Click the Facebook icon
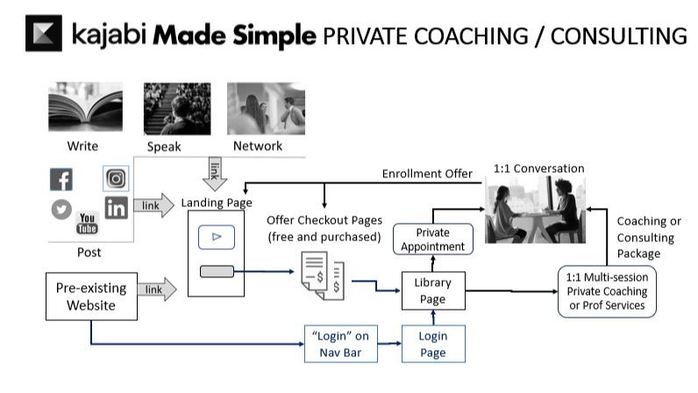click(x=61, y=180)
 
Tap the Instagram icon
click(x=116, y=179)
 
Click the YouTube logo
click(x=88, y=223)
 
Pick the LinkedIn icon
click(x=116, y=208)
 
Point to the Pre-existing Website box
click(x=91, y=297)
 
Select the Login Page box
click(x=433, y=343)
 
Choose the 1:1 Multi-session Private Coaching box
click(x=607, y=291)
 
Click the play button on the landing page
click(x=216, y=237)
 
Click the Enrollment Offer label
click(x=426, y=174)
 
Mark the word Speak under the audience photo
click(x=164, y=146)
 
